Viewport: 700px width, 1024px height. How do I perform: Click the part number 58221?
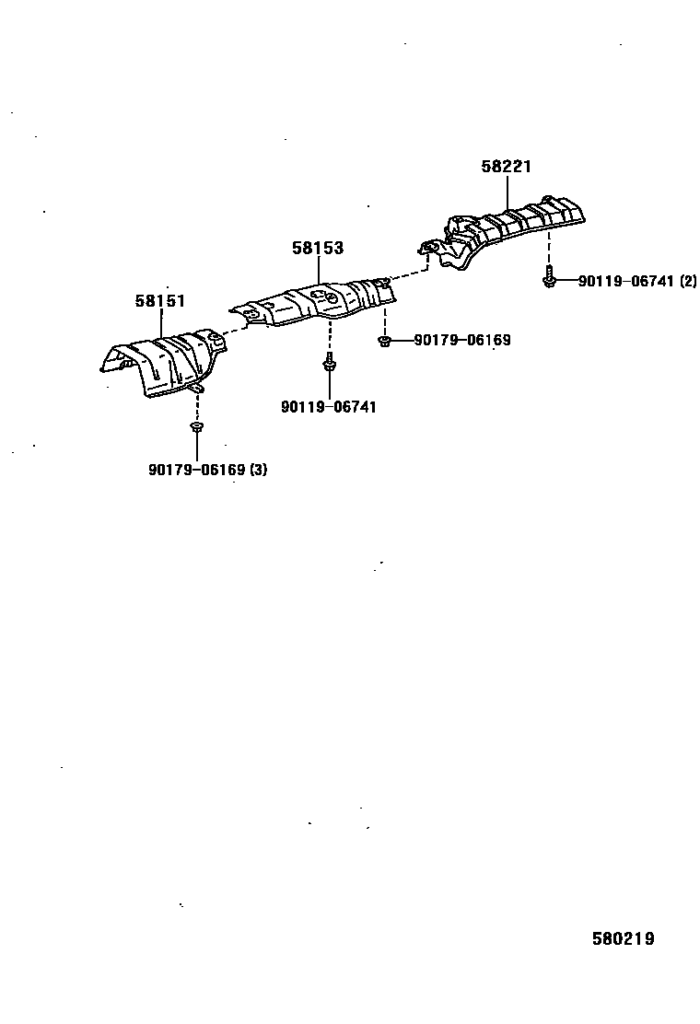pyautogui.click(x=506, y=167)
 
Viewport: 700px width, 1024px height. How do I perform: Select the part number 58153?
pyautogui.click(x=318, y=248)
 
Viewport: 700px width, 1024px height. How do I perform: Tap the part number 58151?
pyautogui.click(x=160, y=300)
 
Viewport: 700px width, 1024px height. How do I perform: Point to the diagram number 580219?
pyautogui.click(x=623, y=938)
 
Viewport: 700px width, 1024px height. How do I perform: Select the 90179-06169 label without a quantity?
pyautogui.click(x=462, y=341)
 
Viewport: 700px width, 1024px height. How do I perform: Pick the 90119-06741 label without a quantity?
pyautogui.click(x=329, y=407)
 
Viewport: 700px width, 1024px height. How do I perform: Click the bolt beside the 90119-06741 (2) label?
pyautogui.click(x=550, y=276)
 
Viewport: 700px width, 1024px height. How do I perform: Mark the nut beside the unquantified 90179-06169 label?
pyautogui.click(x=385, y=342)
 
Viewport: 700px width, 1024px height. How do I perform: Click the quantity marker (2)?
pyautogui.click(x=688, y=282)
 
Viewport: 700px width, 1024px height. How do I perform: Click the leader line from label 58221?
pyautogui.click(x=507, y=192)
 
